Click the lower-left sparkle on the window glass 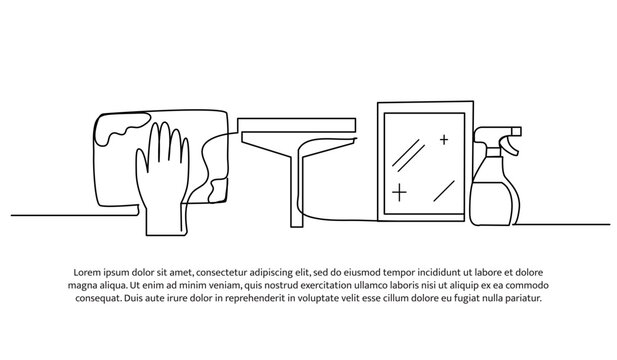click(x=401, y=190)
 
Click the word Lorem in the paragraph click(x=89, y=272)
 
